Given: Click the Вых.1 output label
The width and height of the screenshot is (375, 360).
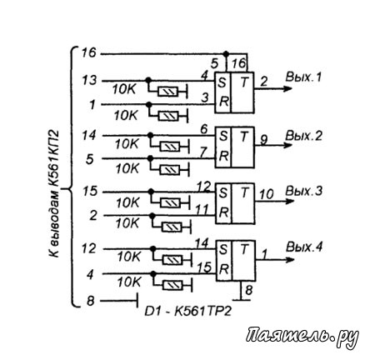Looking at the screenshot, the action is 303,77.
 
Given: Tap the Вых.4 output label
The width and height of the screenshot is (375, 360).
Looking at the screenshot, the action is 304,247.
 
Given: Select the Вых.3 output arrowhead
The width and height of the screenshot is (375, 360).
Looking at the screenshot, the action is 289,200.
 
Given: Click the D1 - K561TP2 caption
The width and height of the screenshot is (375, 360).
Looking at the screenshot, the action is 187,312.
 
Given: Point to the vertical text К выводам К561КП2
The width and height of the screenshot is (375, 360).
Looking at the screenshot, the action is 54,194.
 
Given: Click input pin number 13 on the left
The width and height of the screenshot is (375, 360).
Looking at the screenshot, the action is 89,81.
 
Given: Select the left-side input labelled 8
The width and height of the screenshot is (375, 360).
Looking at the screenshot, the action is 91,301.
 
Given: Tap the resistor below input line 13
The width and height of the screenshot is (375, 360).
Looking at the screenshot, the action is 167,92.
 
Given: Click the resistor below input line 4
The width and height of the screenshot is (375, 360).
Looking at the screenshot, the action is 172,285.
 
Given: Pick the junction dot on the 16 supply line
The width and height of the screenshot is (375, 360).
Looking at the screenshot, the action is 226,53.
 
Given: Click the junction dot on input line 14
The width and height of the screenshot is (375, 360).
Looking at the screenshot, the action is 150,136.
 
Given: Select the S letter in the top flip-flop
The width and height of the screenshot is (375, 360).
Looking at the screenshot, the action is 222,82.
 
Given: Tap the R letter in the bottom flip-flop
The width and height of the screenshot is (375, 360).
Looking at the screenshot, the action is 224,269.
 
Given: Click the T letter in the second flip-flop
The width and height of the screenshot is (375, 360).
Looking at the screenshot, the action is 244,137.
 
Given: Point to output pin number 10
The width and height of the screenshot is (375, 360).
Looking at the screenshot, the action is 267,193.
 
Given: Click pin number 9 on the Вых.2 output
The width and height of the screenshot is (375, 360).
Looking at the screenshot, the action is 263,140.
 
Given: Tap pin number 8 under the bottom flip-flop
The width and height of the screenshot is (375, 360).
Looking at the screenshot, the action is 248,290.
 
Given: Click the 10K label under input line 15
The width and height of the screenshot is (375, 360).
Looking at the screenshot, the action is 127,202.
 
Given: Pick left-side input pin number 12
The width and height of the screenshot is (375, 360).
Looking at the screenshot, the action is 88,248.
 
